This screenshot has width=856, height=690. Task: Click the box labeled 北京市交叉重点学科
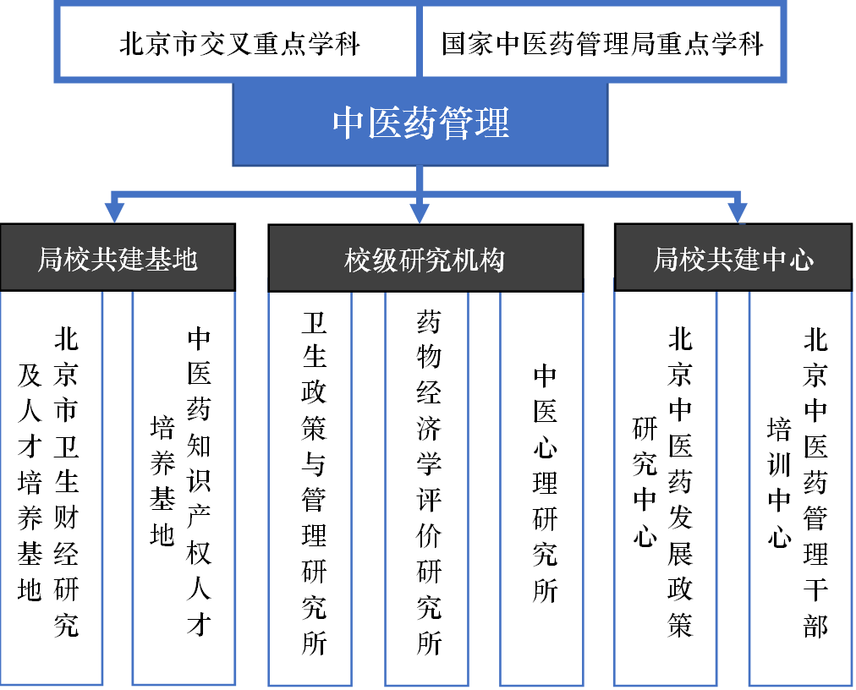[x=239, y=42]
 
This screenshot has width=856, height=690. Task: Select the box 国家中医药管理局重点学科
[x=602, y=42]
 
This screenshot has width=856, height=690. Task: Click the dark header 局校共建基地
[x=118, y=259]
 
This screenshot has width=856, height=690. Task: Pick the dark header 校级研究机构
[x=425, y=259]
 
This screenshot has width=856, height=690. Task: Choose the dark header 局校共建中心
[x=733, y=259]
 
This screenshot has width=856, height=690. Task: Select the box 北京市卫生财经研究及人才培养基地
[x=51, y=486]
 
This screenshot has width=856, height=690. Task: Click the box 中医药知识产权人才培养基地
[x=184, y=486]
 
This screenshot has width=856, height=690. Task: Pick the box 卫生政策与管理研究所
[x=310, y=486]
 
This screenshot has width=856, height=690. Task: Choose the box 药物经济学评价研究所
[x=426, y=486]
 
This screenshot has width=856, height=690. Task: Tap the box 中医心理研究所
[x=541, y=486]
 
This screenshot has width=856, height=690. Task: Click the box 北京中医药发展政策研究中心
[x=665, y=486]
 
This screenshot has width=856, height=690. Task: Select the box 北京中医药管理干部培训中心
[x=800, y=486]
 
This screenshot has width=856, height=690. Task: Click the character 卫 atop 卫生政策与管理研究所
[x=314, y=322]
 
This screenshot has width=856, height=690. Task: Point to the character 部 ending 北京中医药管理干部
[x=815, y=624]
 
